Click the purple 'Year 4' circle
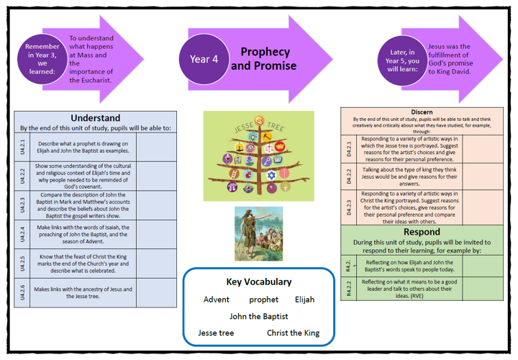(x=204, y=59)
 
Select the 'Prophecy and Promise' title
(x=264, y=59)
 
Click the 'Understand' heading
(x=95, y=118)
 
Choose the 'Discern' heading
(x=421, y=112)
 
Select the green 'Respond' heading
(x=422, y=233)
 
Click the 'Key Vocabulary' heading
(x=259, y=282)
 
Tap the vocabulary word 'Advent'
(x=217, y=300)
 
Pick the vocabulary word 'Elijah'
(x=304, y=300)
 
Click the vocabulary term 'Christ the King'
(x=294, y=333)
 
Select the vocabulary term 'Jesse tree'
(x=217, y=333)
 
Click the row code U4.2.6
(x=22, y=292)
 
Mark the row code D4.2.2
(x=349, y=176)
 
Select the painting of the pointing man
(x=258, y=233)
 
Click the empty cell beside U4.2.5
(x=155, y=263)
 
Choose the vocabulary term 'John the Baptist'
(x=259, y=316)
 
